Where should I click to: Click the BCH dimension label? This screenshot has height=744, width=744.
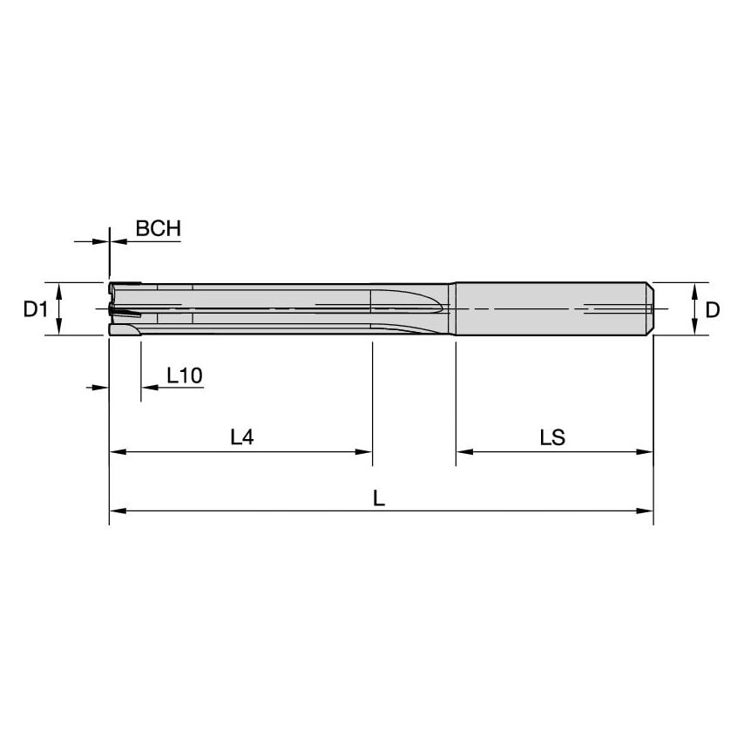[158, 229]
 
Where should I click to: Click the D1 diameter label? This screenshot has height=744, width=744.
[34, 309]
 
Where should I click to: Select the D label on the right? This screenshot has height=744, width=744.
[713, 309]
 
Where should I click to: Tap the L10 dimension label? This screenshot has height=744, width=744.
[184, 376]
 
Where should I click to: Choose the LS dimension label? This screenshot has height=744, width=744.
[552, 438]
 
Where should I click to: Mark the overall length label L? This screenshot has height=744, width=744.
[379, 497]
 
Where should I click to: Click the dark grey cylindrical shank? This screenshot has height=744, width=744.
[549, 308]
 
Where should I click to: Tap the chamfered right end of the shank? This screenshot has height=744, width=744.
[649, 308]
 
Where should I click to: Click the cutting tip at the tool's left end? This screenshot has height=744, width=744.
[118, 308]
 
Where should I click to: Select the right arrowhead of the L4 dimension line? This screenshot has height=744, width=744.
[366, 452]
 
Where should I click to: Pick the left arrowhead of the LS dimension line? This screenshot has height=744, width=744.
[463, 452]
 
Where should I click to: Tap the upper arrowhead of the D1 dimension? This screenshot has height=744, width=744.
[58, 288]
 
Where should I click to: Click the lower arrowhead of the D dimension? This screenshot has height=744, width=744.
[694, 329]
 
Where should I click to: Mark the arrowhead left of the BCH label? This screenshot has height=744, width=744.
[103, 240]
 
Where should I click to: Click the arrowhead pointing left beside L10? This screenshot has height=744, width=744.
[147, 388]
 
